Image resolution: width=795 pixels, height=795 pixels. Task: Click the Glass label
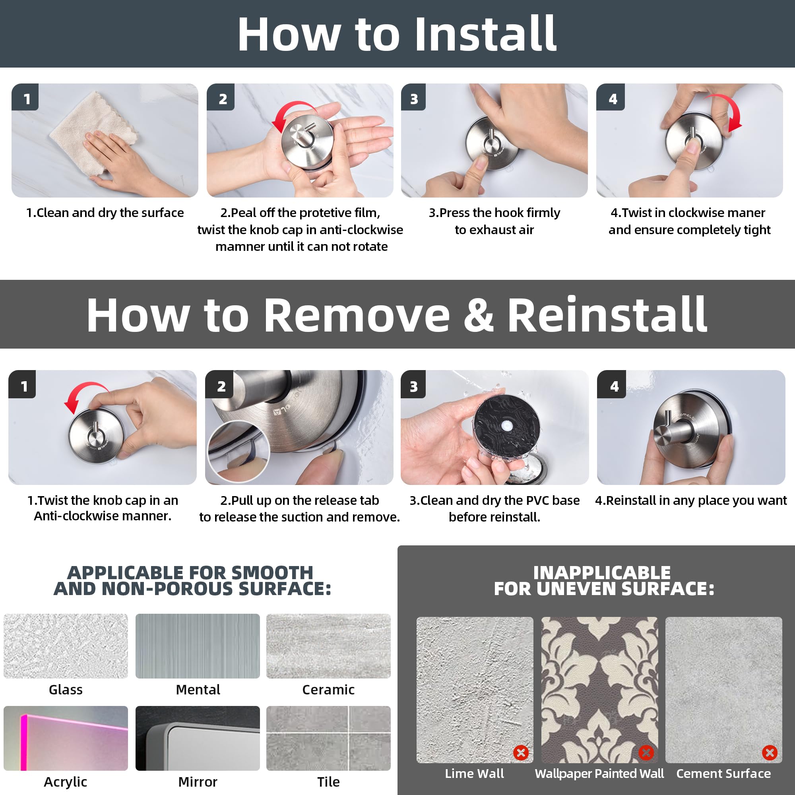66,690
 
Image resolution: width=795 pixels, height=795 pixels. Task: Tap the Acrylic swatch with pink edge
66,738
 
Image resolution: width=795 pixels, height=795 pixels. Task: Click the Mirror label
198,782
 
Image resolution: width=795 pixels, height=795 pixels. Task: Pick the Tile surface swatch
328,738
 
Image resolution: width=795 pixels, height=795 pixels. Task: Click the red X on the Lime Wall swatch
521,753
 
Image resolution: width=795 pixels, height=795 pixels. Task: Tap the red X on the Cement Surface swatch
770,753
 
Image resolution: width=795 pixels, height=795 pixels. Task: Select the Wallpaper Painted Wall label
599,774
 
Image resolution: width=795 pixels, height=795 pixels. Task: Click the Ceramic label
328,690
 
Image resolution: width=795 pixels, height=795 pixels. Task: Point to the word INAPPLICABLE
602,572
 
